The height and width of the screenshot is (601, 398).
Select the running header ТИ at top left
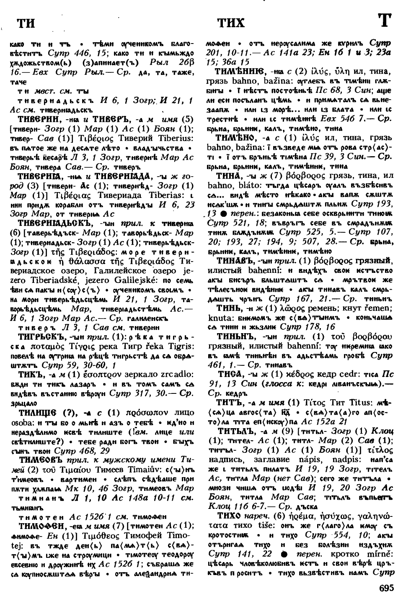(26, 23)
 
